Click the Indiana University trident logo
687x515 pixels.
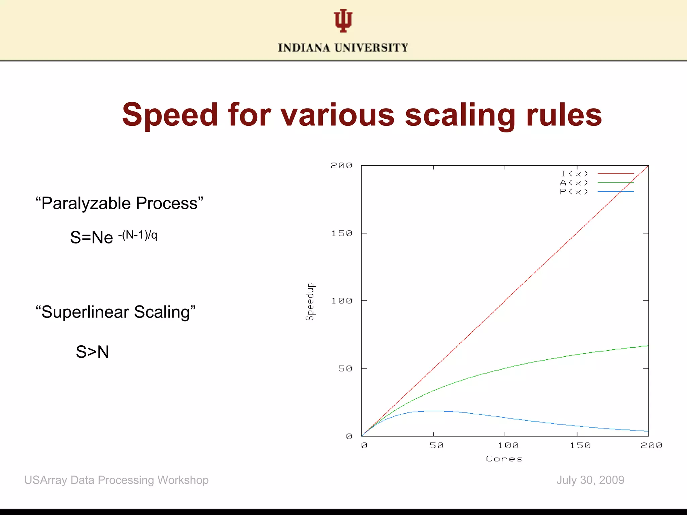click(343, 21)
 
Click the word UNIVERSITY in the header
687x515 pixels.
click(371, 48)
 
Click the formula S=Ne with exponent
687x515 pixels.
click(113, 237)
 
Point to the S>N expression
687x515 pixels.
click(92, 352)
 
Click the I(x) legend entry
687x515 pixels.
click(574, 174)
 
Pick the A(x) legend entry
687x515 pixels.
click(574, 183)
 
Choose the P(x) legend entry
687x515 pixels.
click(574, 192)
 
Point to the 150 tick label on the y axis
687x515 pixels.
click(342, 233)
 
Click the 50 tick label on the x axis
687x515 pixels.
click(436, 446)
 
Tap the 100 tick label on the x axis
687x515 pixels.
click(508, 446)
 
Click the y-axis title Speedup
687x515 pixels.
click(310, 301)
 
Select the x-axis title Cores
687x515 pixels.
click(504, 459)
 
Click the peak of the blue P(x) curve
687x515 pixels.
click(433, 411)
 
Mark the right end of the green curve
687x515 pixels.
click(648, 346)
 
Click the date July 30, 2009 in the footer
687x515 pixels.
click(590, 480)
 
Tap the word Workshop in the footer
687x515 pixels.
click(183, 480)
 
